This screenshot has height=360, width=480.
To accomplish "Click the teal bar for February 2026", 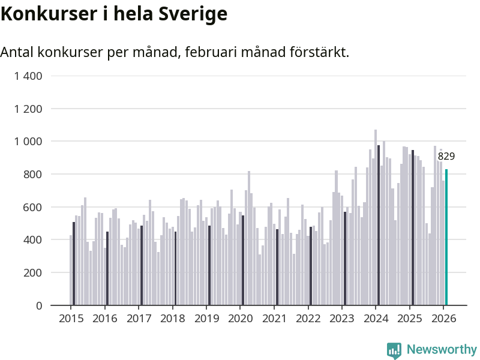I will [x=446, y=238].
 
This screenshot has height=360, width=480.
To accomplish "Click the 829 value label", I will [x=446, y=157].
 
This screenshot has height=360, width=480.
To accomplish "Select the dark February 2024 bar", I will [x=379, y=226].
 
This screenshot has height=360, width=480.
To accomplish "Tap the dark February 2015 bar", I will [x=74, y=264].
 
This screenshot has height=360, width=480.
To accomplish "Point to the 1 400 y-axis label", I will [x=28, y=76].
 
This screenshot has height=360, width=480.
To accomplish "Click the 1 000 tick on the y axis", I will [x=28, y=142].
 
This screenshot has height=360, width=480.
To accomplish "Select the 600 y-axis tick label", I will [x=33, y=207].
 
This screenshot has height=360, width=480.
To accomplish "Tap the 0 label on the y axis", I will [x=39, y=305].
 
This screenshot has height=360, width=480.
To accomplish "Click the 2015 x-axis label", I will [x=71, y=319].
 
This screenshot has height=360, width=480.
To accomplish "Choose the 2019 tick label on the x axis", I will [x=206, y=319].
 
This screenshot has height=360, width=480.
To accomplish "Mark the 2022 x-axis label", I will [x=308, y=319].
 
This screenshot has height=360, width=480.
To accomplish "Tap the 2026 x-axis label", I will [x=443, y=319].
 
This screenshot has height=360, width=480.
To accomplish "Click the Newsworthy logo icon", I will [x=394, y=350].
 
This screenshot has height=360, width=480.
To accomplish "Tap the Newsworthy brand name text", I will [x=442, y=350].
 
